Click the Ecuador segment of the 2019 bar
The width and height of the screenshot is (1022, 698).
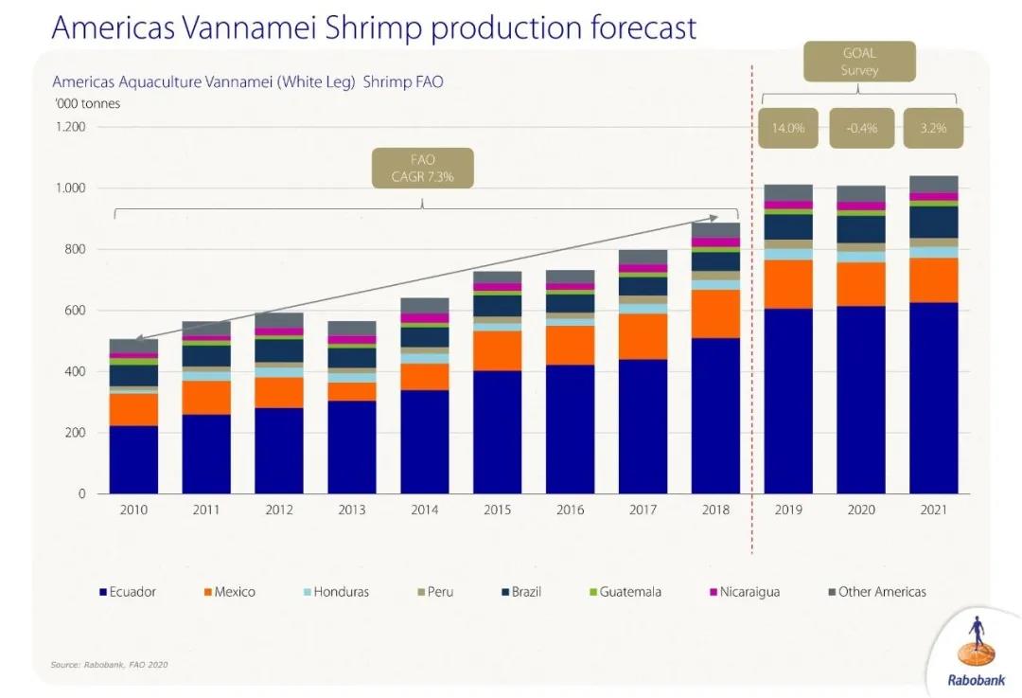788,401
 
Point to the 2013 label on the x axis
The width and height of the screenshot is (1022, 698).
351,510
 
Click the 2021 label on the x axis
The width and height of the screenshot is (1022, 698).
934,510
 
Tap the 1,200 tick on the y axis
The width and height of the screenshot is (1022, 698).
71,127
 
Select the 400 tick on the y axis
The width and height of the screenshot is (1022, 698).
77,371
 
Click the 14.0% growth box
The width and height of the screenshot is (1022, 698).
788,129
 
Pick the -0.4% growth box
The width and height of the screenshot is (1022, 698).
862,129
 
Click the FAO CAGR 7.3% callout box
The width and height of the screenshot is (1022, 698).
423,169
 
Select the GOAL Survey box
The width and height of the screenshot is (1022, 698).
859,63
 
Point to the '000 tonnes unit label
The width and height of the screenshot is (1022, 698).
86,103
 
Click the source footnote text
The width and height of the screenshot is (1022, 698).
109,664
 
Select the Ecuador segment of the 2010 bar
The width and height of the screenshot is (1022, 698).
133,459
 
